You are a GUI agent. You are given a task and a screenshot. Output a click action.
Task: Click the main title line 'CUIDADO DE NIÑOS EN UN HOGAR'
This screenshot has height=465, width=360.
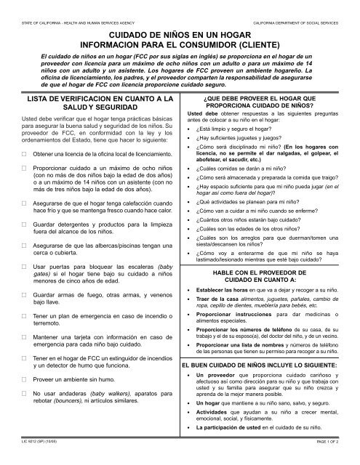click(x=180, y=34)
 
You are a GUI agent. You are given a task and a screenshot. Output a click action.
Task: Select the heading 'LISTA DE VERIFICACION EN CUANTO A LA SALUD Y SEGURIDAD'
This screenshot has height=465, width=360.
click(x=89, y=103)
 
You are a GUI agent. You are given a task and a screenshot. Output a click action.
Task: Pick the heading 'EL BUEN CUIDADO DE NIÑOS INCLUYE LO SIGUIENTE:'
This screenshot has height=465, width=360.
click(x=270, y=364)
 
